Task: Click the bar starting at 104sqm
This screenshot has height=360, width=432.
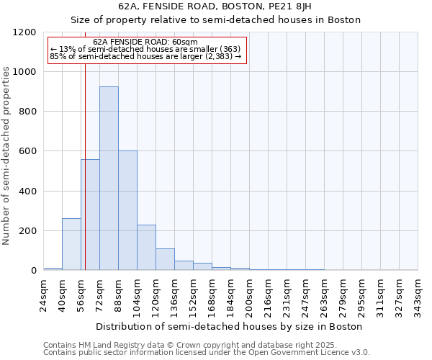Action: point(146,248)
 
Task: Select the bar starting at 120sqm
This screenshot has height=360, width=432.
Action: point(165,259)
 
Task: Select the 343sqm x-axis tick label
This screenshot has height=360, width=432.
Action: point(418,296)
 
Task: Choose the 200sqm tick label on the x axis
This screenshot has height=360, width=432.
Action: point(250,296)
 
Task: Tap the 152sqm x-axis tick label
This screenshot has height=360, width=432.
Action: point(194,296)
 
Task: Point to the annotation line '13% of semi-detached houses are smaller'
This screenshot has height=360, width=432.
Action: point(147,49)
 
